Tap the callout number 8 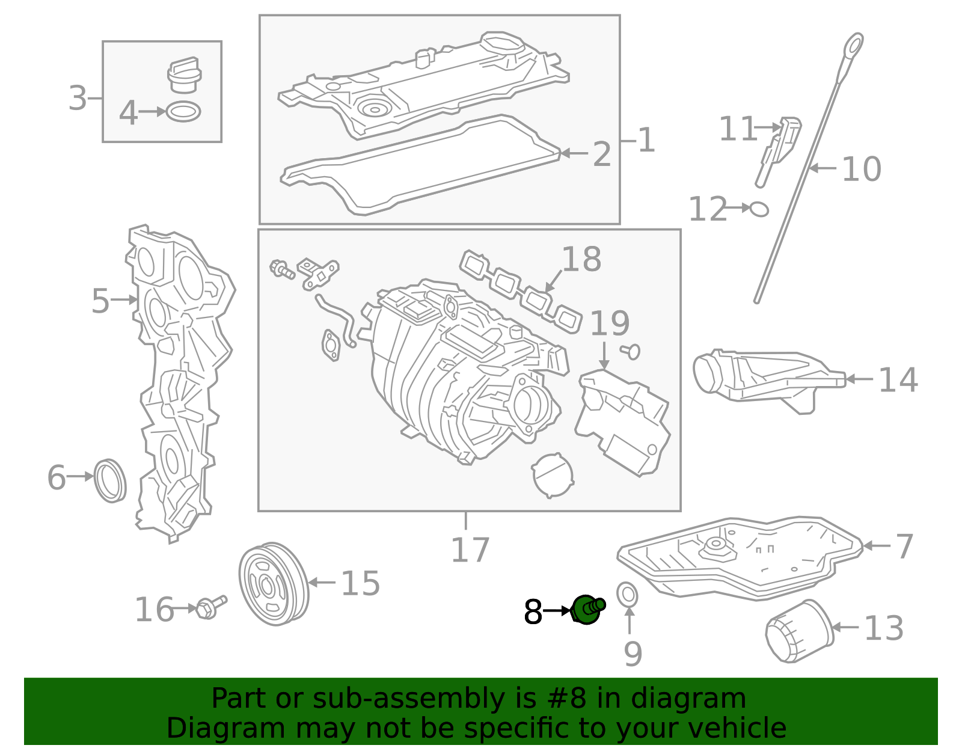tap(533, 612)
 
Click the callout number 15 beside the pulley tap(360, 583)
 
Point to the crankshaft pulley tap(274, 584)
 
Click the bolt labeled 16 tap(210, 607)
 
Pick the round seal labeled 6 tap(111, 480)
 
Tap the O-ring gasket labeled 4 tap(183, 112)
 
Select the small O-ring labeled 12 tap(759, 209)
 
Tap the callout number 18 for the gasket tap(581, 259)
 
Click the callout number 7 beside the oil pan tap(904, 546)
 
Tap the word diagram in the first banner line tap(705, 699)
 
